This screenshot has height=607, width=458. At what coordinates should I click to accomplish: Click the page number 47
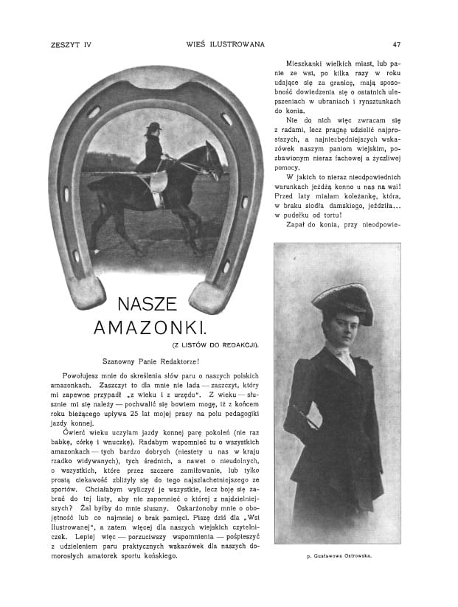[x=396, y=44]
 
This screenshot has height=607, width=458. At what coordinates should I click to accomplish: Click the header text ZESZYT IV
[x=66, y=44]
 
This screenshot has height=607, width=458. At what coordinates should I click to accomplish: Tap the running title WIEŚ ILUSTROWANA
[x=226, y=44]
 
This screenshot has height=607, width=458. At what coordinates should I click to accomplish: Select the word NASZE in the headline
[x=147, y=304]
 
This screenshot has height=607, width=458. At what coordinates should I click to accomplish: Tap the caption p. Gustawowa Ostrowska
[x=338, y=555]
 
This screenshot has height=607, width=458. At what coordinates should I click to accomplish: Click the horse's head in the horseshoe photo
[x=213, y=159]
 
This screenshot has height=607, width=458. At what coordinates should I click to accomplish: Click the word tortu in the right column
[x=364, y=215]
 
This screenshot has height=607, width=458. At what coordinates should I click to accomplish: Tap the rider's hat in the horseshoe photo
[x=153, y=126]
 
